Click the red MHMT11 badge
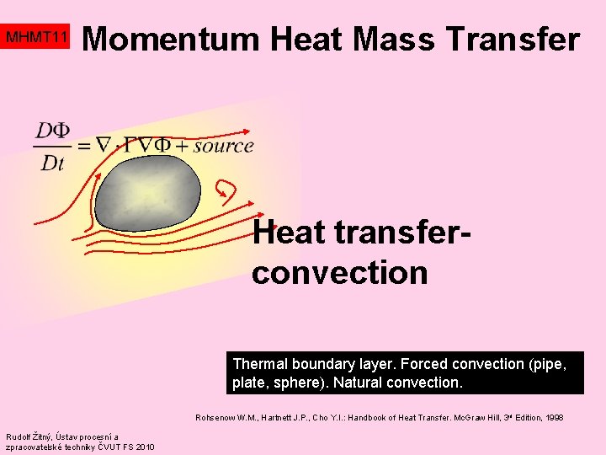tap(35, 38)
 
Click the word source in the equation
tap(223, 145)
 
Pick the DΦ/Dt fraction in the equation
tap(53, 146)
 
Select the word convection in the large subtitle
tap(339, 272)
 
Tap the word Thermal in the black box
tap(260, 364)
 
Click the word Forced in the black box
tap(425, 364)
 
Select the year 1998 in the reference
tap(555, 417)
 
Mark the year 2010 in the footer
tap(144, 447)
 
